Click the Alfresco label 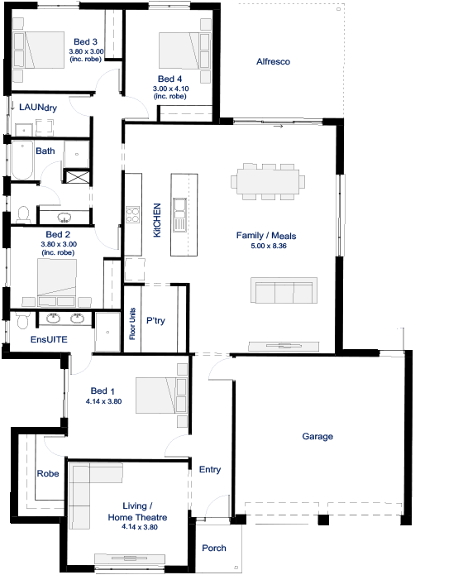click(x=273, y=61)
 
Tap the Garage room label click(x=317, y=436)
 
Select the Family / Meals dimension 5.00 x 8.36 click(x=269, y=246)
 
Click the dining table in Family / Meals click(x=268, y=182)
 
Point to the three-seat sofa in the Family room click(x=284, y=290)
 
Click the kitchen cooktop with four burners click(x=133, y=215)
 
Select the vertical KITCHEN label click(x=157, y=220)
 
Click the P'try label click(x=155, y=321)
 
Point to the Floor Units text click(x=132, y=323)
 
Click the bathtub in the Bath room click(x=22, y=160)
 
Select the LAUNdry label click(x=38, y=108)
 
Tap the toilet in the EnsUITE click(x=23, y=320)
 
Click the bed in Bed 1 click(x=161, y=395)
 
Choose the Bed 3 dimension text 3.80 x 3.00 click(x=86, y=51)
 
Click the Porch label click(x=214, y=549)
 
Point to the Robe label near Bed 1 click(x=48, y=474)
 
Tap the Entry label click(x=210, y=470)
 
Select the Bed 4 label click(x=169, y=79)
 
